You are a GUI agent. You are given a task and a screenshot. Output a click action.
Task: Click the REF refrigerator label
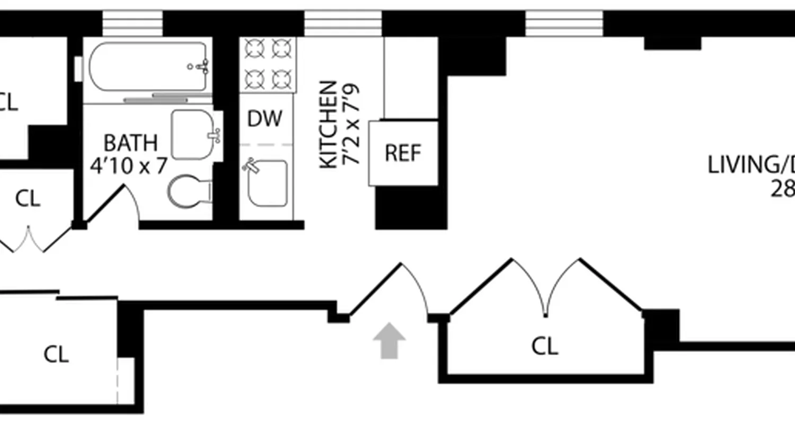click(403, 153)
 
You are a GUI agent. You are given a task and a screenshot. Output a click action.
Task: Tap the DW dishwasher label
click(265, 119)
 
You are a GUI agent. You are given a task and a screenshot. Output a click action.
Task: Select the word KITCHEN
click(329, 125)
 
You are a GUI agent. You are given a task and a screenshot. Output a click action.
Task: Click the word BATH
click(130, 143)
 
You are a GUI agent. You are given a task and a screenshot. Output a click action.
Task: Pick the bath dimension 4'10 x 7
click(129, 166)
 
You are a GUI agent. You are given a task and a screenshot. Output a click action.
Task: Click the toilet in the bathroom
click(188, 192)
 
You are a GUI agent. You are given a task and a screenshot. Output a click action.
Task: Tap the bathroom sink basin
click(193, 135)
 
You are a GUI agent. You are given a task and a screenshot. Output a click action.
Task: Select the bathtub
click(147, 67)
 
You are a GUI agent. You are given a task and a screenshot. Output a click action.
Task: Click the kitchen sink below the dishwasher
click(268, 183)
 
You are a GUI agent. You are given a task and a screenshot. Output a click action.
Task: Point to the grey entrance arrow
click(389, 340)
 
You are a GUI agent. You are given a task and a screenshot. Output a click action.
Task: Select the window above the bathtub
click(132, 23)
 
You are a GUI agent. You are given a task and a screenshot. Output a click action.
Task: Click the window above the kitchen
click(343, 23)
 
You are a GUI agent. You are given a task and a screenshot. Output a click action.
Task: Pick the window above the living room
click(564, 23)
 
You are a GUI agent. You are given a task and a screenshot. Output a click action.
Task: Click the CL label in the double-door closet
click(545, 347)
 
